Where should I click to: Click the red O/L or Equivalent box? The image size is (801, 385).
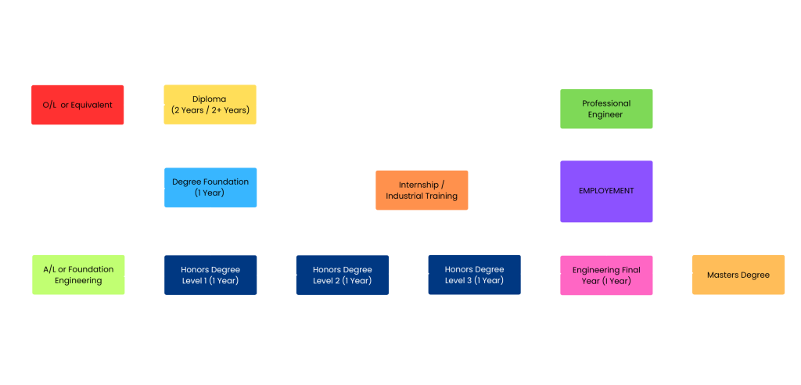[x=77, y=105]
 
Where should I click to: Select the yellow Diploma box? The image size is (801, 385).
[x=210, y=105]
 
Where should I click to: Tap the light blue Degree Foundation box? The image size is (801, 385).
[x=210, y=187]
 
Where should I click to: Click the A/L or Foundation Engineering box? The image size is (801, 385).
[x=78, y=275]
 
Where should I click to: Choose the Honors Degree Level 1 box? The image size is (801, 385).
[x=210, y=275]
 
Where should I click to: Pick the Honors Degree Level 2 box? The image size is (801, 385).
[x=342, y=275]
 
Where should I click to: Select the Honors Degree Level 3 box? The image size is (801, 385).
[x=474, y=275]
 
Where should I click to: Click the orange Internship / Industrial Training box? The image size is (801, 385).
[x=422, y=190]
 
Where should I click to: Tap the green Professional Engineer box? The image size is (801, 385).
[x=606, y=109]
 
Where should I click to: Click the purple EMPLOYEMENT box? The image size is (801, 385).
[x=606, y=191]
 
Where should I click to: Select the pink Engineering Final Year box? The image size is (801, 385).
[x=606, y=275]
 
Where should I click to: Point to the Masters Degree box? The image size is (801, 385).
[x=738, y=275]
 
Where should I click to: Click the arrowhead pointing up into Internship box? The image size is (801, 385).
[x=428, y=214]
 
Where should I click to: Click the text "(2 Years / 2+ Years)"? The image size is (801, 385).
[x=210, y=110]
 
